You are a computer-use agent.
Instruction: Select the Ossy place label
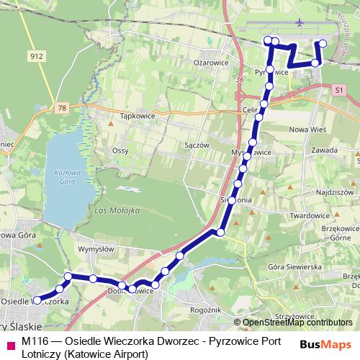120,150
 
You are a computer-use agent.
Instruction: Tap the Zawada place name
325,150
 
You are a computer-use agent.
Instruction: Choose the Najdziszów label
334,193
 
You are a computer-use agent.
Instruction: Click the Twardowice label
309,215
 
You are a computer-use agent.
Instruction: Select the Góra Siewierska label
295,266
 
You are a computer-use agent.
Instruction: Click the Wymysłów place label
96,249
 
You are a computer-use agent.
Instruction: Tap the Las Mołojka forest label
116,210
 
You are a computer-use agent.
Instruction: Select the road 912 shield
36,55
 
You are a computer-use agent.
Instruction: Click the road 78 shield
63,108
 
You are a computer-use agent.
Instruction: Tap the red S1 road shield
340,89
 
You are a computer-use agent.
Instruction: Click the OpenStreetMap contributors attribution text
297,323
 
